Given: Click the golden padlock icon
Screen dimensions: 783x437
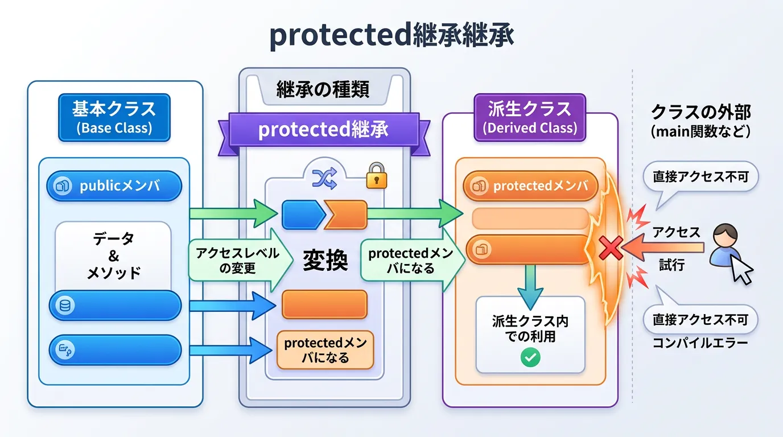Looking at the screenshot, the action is [x=377, y=176].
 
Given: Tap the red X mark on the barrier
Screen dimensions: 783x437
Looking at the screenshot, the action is [x=611, y=248].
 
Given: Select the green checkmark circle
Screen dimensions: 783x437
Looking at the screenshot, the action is [x=530, y=357].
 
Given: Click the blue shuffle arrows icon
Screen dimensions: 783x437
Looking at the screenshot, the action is [x=325, y=178].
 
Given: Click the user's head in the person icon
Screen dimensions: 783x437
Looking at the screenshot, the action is [x=726, y=235].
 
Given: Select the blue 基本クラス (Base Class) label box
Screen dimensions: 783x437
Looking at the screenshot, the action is [x=114, y=117].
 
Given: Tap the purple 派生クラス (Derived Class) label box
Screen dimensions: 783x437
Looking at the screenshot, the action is [x=530, y=117].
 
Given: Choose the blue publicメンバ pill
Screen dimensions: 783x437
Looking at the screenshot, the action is [x=114, y=185].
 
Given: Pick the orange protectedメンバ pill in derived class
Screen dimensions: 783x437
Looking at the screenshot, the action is [x=530, y=185].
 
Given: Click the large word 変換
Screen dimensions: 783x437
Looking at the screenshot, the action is [x=325, y=260].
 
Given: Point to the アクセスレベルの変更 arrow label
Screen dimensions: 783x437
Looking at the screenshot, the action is [x=238, y=261].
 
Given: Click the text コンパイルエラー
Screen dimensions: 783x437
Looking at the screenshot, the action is [x=700, y=343].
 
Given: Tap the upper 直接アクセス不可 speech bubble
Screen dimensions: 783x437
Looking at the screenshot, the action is [x=700, y=177].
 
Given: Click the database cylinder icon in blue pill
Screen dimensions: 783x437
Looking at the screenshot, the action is [x=65, y=306].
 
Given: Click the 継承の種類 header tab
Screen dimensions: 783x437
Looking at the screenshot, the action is [x=323, y=89].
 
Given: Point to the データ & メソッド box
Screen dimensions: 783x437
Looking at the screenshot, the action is [x=113, y=256].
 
